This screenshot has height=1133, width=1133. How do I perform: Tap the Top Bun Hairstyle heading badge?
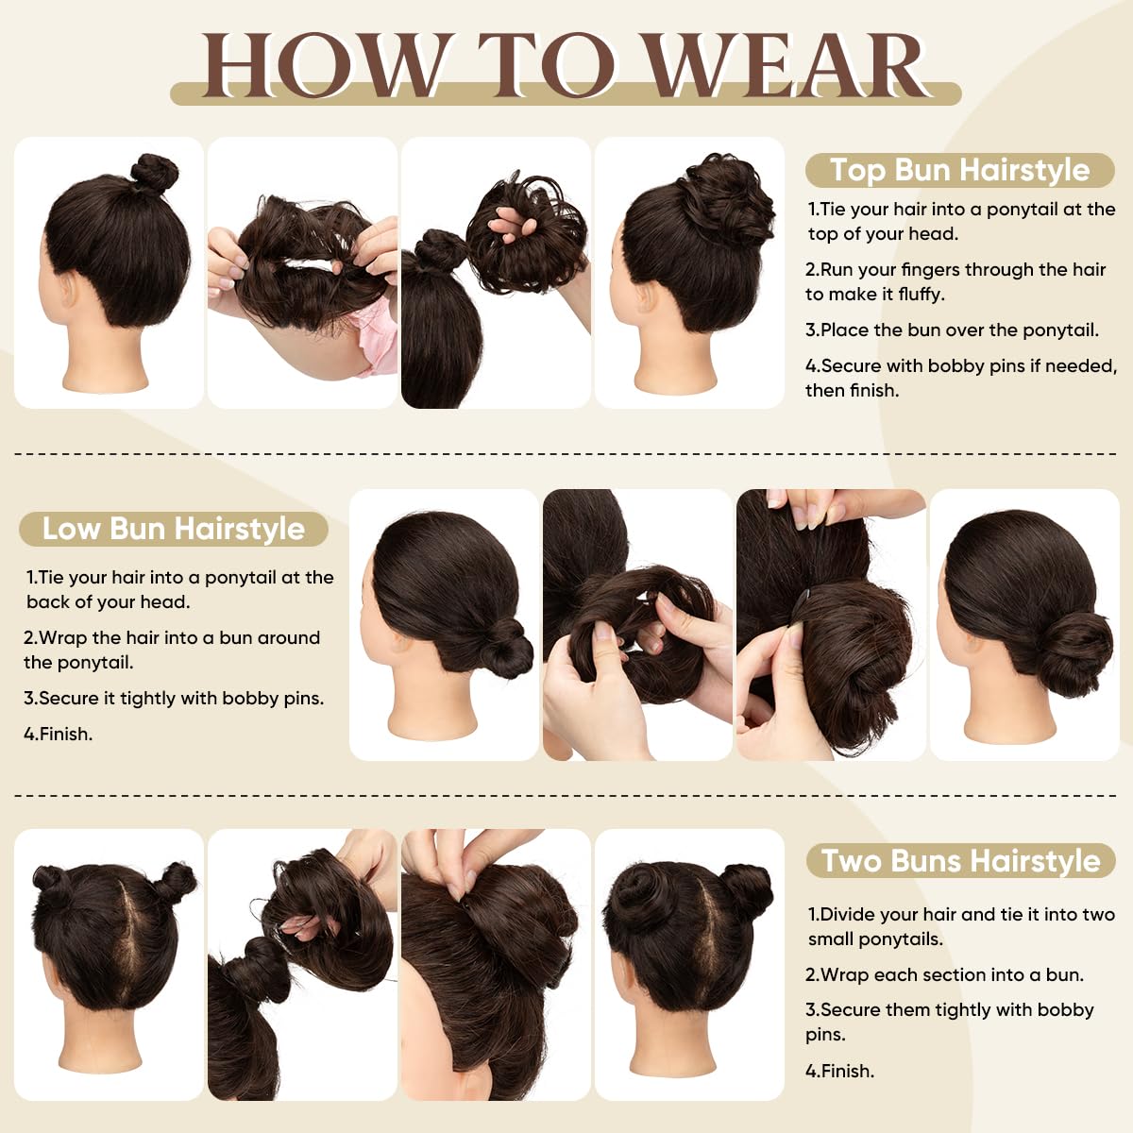tap(959, 170)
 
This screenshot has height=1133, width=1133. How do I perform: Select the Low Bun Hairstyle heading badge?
tap(174, 529)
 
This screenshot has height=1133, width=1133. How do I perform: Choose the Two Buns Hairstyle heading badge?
tap(960, 861)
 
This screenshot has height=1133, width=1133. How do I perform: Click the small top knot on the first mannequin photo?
tap(154, 173)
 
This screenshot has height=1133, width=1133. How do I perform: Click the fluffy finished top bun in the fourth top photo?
tap(718, 198)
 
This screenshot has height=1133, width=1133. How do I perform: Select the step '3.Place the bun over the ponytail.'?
tap(952, 330)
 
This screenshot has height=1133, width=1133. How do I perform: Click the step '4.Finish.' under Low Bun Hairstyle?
tap(58, 734)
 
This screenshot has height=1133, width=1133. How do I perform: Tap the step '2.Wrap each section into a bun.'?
tap(944, 974)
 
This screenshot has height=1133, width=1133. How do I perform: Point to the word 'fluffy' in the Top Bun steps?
tap(921, 295)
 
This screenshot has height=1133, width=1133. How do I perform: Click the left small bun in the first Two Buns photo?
tap(47, 883)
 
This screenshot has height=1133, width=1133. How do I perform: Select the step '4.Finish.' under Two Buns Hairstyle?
tap(839, 1071)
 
